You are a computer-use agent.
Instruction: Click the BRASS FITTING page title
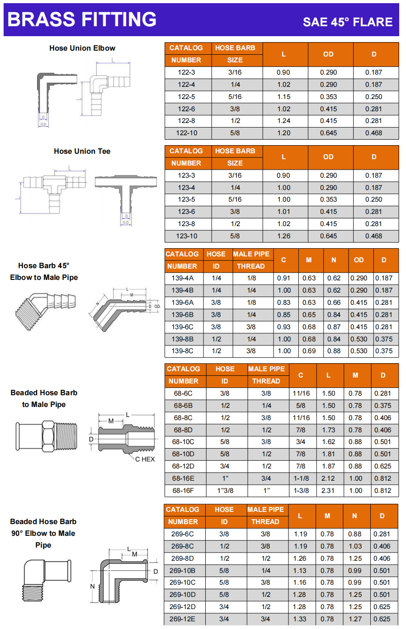(82, 19)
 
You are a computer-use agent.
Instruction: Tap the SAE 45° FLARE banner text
(347, 22)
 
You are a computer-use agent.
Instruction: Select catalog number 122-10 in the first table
(187, 133)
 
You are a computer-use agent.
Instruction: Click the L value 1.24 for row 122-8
(284, 121)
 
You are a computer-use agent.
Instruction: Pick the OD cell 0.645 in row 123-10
(328, 236)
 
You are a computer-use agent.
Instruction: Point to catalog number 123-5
(186, 199)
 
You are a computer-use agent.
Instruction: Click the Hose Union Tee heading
(82, 151)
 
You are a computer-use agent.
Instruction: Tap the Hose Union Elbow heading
(82, 48)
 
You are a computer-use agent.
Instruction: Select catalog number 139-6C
(182, 327)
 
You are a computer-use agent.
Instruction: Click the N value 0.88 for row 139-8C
(334, 351)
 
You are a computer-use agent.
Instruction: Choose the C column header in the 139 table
(283, 260)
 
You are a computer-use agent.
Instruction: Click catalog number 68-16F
(183, 491)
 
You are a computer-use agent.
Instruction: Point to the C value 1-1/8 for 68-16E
(301, 478)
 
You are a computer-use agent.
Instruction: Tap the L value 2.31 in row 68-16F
(328, 491)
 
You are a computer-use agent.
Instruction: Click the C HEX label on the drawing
(145, 459)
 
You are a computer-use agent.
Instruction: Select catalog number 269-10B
(182, 571)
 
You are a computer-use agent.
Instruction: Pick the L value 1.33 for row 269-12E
(299, 619)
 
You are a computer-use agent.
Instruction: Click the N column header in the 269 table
(354, 516)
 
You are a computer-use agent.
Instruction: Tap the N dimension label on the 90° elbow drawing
(92, 586)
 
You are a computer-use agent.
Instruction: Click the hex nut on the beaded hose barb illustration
(48, 436)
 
